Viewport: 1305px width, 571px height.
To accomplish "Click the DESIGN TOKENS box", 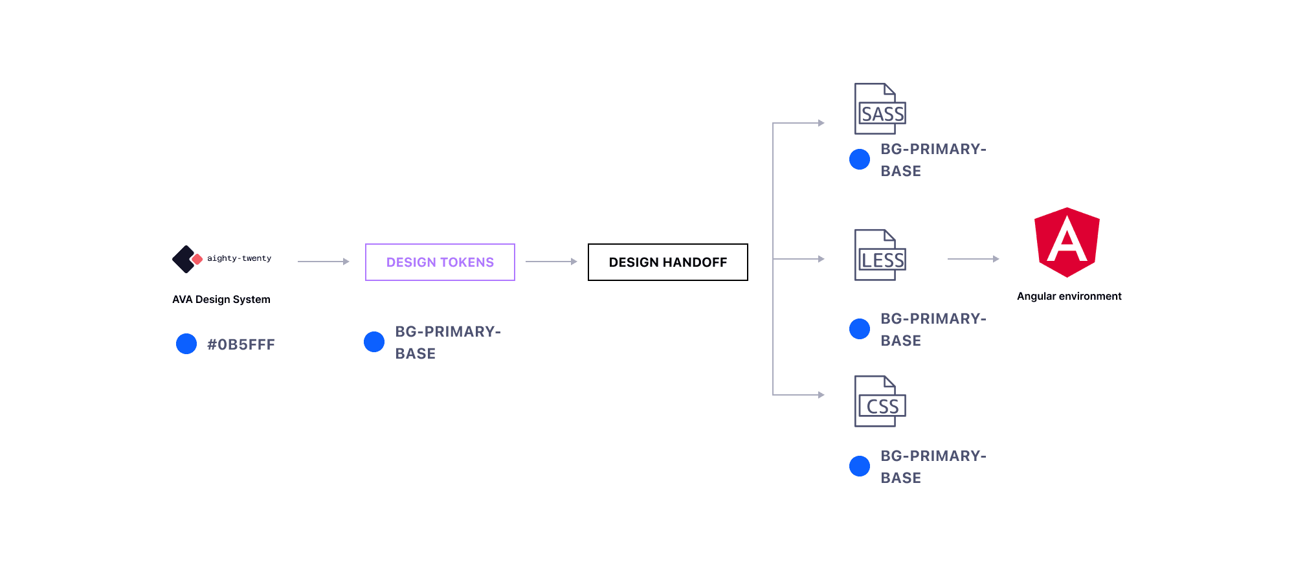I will click(x=440, y=262).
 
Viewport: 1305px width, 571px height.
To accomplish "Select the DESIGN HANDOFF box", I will click(x=667, y=262).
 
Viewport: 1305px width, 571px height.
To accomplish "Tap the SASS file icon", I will click(x=880, y=109).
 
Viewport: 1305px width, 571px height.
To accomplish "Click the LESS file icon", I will click(x=880, y=255).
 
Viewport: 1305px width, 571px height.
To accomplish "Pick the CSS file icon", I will click(x=880, y=401).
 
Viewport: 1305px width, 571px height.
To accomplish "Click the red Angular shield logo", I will click(x=1067, y=242).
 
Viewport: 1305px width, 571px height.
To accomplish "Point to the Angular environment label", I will click(x=1069, y=297).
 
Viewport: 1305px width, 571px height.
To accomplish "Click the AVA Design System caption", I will click(x=221, y=300).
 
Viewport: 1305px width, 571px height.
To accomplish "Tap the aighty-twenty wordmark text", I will click(x=239, y=258).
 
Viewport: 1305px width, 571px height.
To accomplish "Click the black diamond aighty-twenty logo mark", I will click(x=184, y=259).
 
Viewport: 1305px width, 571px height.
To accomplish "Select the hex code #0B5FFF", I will click(x=241, y=344).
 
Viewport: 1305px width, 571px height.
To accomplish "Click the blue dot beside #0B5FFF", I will click(x=186, y=344).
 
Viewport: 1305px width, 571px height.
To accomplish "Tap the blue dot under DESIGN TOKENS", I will click(x=374, y=342).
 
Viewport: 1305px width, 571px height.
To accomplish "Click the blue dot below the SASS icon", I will click(x=860, y=159).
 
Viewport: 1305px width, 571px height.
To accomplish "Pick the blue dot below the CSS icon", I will click(x=860, y=466).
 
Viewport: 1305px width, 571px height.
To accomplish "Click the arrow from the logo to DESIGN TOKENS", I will click(x=323, y=262).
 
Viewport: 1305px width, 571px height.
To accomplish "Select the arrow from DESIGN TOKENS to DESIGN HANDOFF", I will click(x=551, y=262).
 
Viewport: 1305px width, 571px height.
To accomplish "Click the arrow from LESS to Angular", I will click(x=973, y=259).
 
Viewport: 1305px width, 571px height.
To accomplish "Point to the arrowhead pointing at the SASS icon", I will click(x=821, y=123).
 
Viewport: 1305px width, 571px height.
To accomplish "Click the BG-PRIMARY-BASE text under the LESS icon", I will click(x=933, y=330).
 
